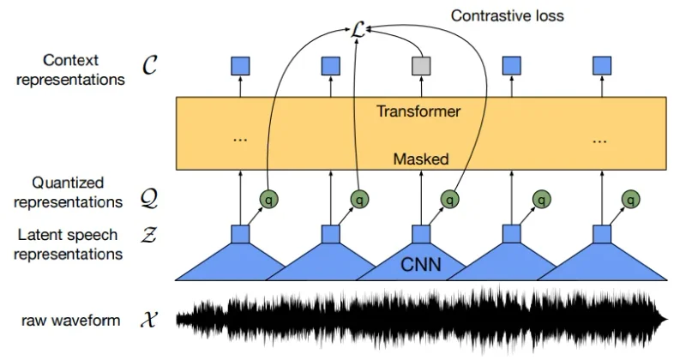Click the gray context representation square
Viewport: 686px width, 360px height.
[420, 64]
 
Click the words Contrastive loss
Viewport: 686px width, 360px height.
[507, 15]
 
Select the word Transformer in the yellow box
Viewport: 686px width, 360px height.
[419, 111]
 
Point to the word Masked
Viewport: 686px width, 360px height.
[421, 159]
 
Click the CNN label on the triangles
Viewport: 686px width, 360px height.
[421, 265]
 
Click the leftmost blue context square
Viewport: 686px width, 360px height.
[240, 64]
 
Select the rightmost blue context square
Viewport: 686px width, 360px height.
[604, 64]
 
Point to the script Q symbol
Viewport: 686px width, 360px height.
[149, 200]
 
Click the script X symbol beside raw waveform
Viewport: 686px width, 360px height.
[149, 321]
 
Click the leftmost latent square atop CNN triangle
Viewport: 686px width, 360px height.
[240, 234]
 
